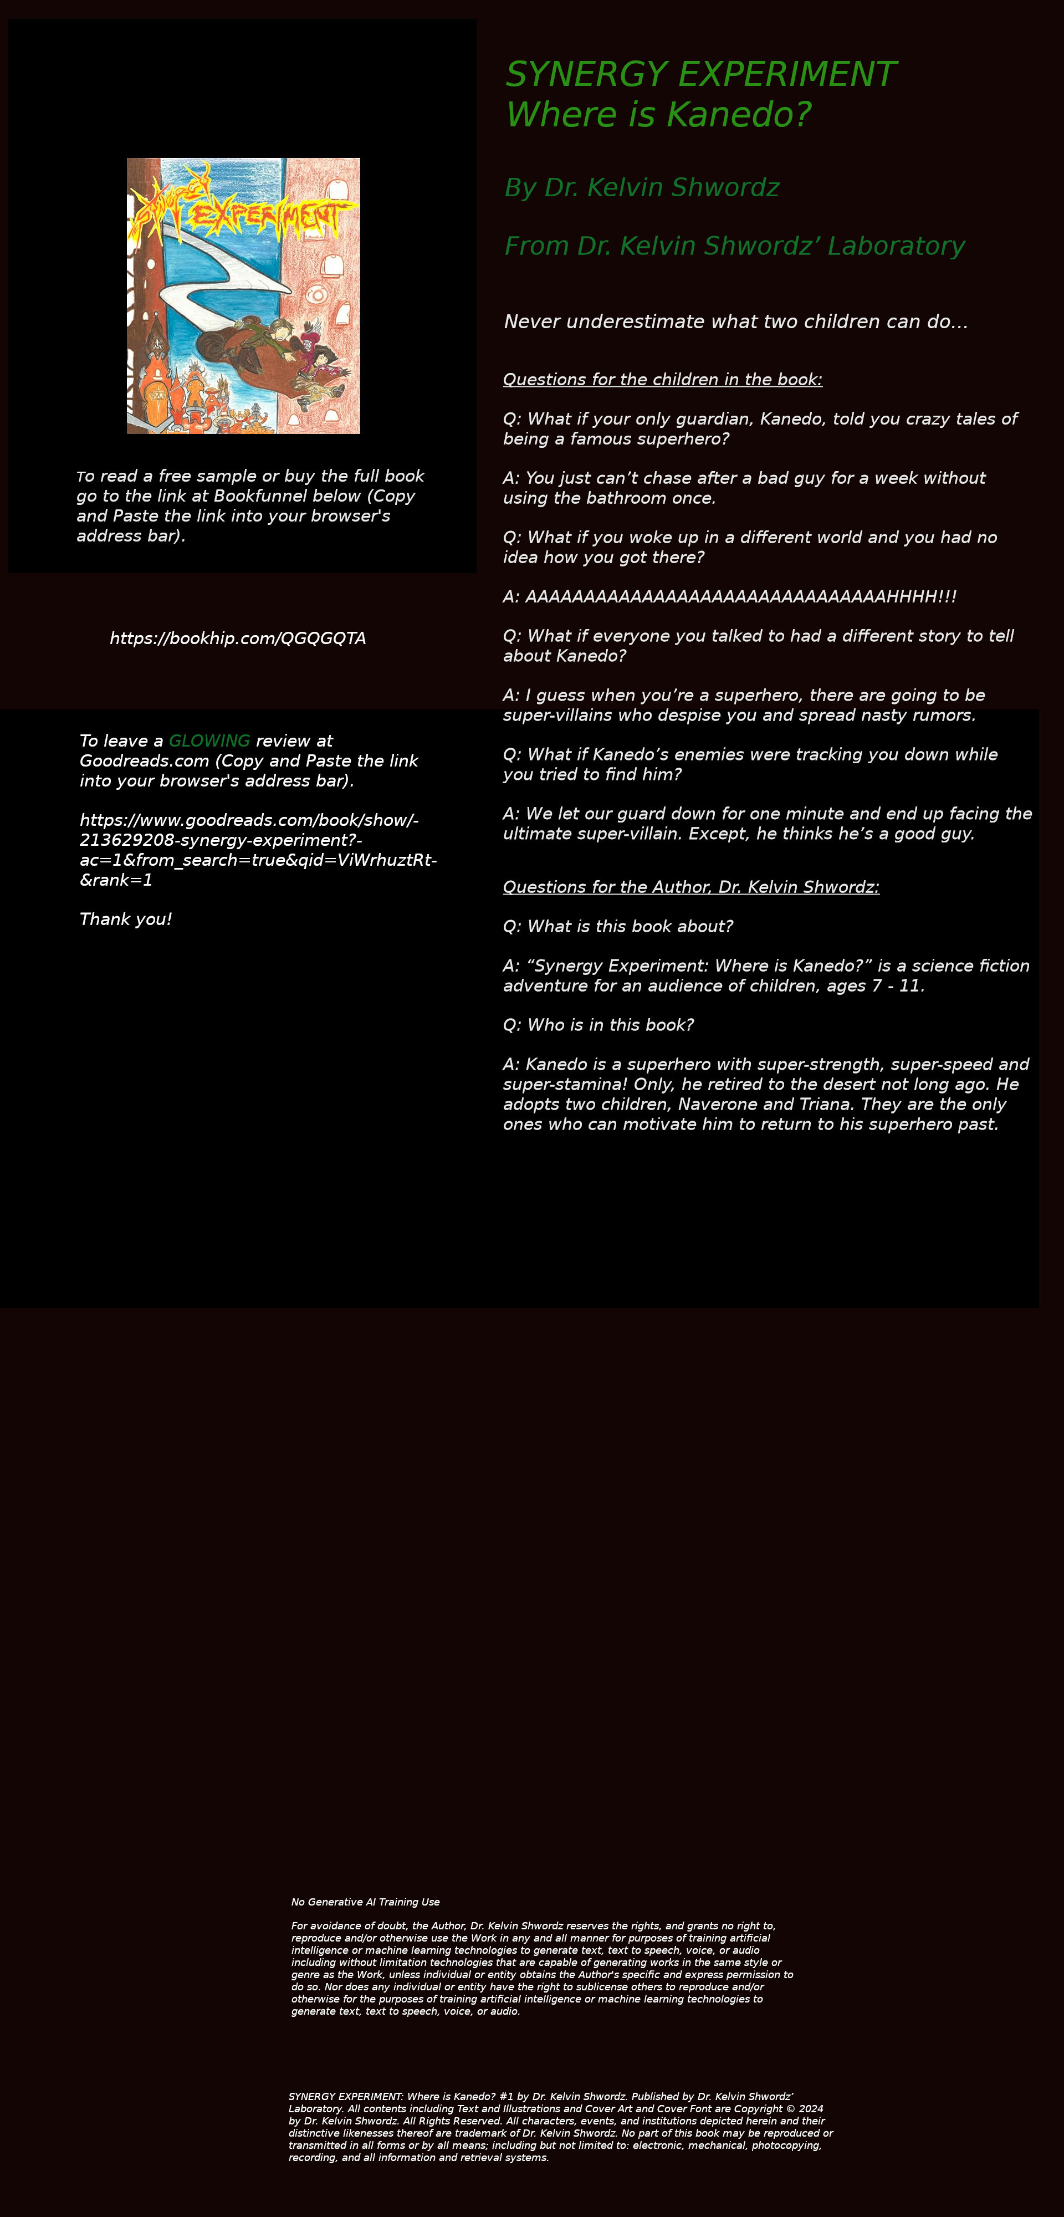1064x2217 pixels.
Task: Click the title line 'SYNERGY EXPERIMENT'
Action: (700, 75)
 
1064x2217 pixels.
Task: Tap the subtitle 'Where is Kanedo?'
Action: (658, 115)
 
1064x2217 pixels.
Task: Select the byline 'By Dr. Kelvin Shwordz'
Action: (641, 188)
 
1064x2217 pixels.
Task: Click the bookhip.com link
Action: (238, 638)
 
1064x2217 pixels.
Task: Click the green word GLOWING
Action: (209, 741)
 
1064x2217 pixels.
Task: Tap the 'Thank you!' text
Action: (126, 919)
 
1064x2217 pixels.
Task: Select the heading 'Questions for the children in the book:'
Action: (662, 380)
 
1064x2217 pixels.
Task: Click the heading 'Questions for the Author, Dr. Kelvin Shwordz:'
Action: (690, 887)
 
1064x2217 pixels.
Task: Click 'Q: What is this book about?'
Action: (617, 927)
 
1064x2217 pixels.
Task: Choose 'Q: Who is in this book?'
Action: (597, 1025)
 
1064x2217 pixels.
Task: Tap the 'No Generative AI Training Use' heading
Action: (365, 1902)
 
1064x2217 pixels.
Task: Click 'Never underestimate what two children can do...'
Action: (735, 322)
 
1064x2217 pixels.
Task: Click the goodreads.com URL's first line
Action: (249, 820)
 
